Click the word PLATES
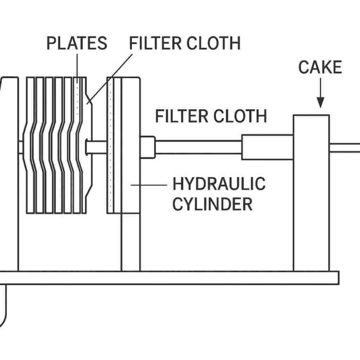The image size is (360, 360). click(x=77, y=44)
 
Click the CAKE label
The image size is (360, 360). click(x=320, y=67)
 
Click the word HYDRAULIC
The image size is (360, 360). click(x=218, y=184)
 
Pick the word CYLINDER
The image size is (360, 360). click(x=212, y=204)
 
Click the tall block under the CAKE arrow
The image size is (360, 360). click(x=311, y=192)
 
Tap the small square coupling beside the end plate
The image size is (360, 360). click(x=148, y=147)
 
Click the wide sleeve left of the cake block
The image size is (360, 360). click(x=267, y=147)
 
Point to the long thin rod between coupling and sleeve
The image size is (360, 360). click(x=198, y=147)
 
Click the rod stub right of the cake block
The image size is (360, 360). click(x=345, y=147)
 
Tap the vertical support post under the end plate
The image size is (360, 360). click(x=130, y=240)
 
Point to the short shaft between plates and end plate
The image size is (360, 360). click(x=96, y=146)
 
